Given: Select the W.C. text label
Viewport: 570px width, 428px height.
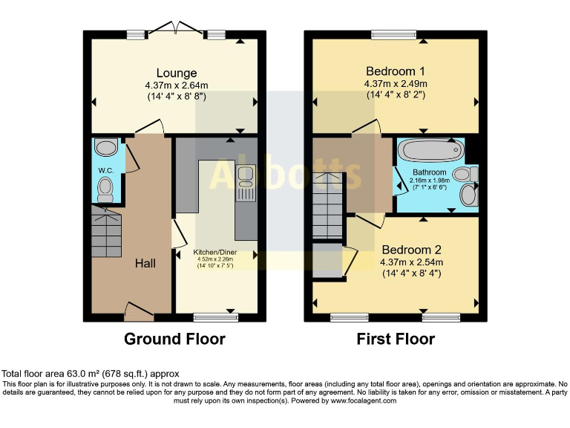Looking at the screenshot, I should tap(105, 169).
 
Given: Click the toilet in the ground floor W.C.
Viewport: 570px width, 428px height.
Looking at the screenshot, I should tap(106, 188).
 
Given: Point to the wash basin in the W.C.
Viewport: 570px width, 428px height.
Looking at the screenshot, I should tap(106, 148).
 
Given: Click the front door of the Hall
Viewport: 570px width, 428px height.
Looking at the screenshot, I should tap(139, 311).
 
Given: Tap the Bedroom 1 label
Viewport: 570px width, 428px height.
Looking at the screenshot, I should tap(396, 72).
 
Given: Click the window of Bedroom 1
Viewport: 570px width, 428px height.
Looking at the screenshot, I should tap(393, 33).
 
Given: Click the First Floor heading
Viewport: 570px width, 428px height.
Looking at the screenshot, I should tap(396, 340).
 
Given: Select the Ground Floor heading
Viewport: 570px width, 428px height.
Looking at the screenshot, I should tap(174, 340).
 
